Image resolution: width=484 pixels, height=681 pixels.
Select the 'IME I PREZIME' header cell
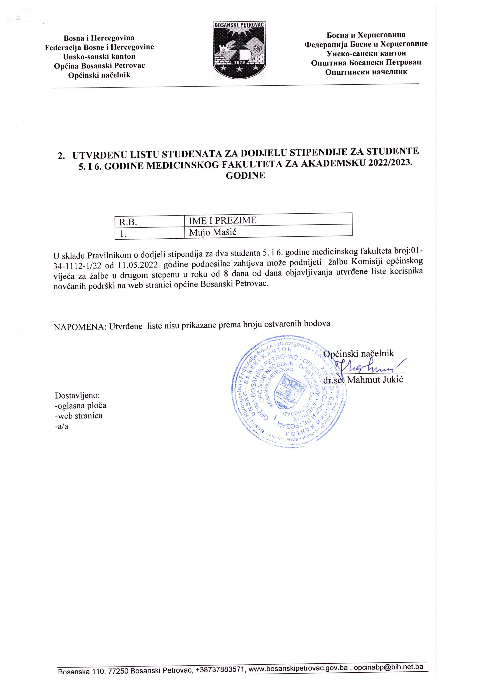pyautogui.click(x=223, y=221)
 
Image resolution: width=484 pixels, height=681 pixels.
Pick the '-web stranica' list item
pyautogui.click(x=79, y=416)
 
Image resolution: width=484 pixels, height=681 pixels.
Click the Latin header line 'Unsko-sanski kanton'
pyautogui.click(x=99, y=56)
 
